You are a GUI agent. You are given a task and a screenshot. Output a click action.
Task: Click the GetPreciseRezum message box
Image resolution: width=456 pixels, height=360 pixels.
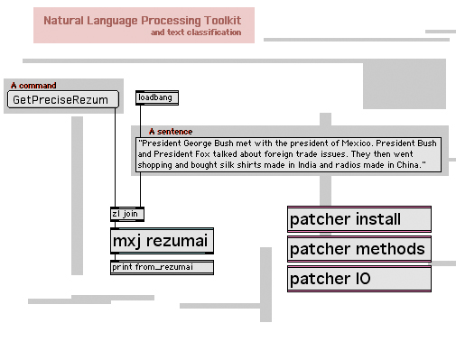pyautogui.click(x=63, y=99)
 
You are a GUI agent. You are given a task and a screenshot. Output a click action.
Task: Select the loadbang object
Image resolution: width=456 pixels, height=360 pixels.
pyautogui.click(x=157, y=97)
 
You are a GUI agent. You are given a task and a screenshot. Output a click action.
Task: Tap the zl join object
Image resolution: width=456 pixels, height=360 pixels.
pyautogui.click(x=127, y=214)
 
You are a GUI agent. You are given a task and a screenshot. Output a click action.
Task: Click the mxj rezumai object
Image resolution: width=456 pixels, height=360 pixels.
pyautogui.click(x=162, y=241)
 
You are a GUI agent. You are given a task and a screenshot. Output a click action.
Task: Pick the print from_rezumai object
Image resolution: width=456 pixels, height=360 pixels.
pyautogui.click(x=162, y=267)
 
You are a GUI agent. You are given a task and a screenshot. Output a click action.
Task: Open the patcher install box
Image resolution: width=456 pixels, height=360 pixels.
pyautogui.click(x=359, y=219)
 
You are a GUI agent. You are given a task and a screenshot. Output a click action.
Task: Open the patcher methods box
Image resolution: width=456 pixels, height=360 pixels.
pyautogui.click(x=359, y=249)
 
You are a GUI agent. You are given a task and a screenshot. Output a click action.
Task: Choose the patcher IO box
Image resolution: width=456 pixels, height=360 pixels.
pyautogui.click(x=359, y=279)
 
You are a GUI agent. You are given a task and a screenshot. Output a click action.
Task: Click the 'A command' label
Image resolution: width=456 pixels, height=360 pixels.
pyautogui.click(x=33, y=86)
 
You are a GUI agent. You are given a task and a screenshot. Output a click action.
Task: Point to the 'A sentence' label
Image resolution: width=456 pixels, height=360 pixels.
pyautogui.click(x=171, y=132)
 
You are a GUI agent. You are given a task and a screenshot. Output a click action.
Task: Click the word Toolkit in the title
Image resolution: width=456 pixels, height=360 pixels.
pyautogui.click(x=222, y=21)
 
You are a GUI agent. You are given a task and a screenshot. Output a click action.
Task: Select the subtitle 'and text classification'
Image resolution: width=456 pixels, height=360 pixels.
pyautogui.click(x=196, y=32)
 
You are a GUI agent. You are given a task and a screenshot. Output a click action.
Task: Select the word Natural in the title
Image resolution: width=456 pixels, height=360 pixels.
pyautogui.click(x=63, y=21)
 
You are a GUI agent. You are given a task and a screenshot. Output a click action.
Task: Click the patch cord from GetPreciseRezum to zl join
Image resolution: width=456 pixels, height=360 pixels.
pyautogui.click(x=115, y=157)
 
